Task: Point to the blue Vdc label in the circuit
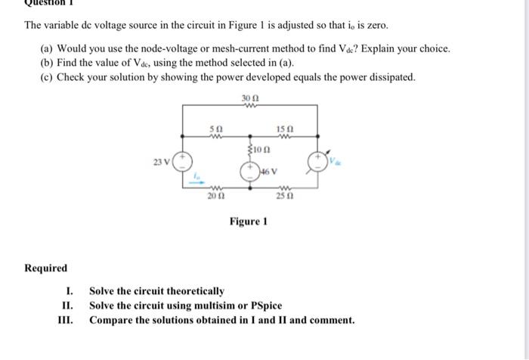335,160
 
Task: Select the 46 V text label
267,174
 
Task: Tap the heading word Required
46,268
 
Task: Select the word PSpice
264,306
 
